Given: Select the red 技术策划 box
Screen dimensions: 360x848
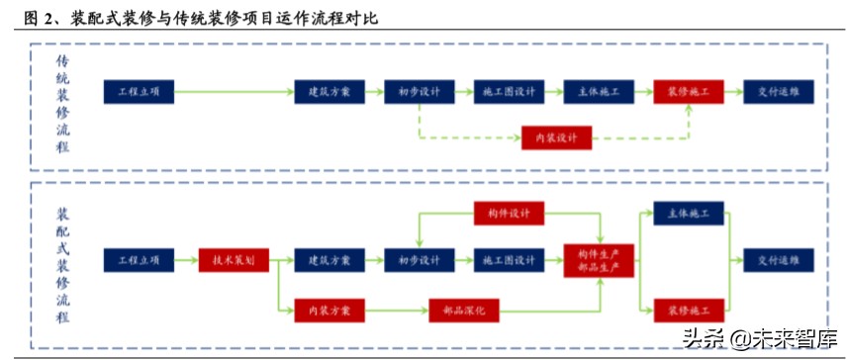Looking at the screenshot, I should pyautogui.click(x=234, y=261).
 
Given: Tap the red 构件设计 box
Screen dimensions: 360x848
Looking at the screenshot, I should pyautogui.click(x=509, y=213).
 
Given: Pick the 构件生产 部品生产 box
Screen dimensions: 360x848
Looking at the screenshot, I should pyautogui.click(x=599, y=261).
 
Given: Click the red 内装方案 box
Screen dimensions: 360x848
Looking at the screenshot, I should pyautogui.click(x=330, y=311).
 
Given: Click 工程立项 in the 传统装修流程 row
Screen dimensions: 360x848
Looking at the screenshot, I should pyautogui.click(x=139, y=92).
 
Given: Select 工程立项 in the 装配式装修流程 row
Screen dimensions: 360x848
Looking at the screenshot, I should pyautogui.click(x=139, y=261).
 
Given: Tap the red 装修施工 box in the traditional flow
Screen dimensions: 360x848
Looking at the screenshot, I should pyautogui.click(x=688, y=92).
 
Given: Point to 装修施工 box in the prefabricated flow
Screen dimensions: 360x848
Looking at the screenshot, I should pyautogui.click(x=688, y=311).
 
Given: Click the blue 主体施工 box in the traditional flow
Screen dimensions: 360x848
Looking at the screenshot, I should pyautogui.click(x=599, y=92).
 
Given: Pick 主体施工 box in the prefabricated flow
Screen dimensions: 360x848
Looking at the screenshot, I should pyautogui.click(x=688, y=213).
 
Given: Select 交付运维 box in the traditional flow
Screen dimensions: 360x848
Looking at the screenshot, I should pyautogui.click(x=779, y=92).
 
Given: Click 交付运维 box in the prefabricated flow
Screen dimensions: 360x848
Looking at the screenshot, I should pyautogui.click(x=779, y=261).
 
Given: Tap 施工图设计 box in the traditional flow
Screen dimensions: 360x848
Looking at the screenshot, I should pyautogui.click(x=509, y=92).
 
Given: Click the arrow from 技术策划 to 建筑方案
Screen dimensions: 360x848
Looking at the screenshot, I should pyautogui.click(x=281, y=261).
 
